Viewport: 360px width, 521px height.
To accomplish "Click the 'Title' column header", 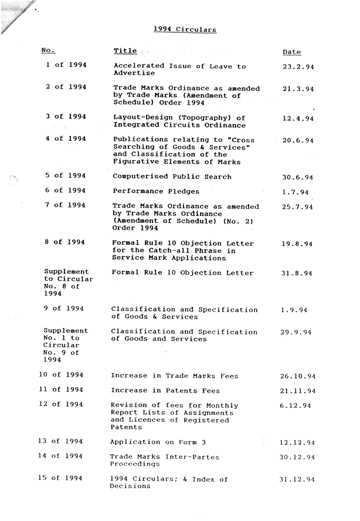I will [125, 52].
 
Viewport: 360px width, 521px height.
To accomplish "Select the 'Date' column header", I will [291, 52].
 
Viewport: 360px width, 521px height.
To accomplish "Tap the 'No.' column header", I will [48, 51].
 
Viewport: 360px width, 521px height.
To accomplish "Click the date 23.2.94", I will [298, 67].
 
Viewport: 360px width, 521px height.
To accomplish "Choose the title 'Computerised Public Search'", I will [172, 177].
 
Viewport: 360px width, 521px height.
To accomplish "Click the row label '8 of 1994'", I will [65, 242].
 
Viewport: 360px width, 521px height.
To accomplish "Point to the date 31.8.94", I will [297, 273].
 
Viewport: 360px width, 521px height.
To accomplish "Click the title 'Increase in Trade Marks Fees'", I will [174, 375].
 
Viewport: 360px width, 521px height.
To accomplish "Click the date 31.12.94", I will [298, 479].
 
